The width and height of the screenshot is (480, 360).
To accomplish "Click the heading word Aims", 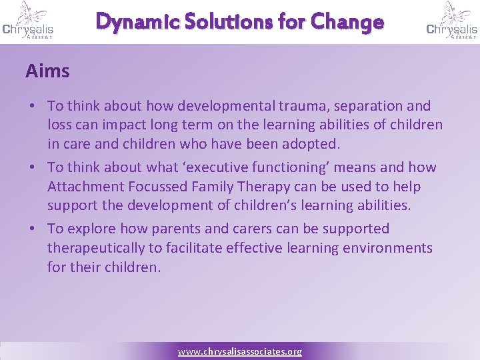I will coord(47,71).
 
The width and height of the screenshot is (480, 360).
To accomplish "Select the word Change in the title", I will coord(349,22).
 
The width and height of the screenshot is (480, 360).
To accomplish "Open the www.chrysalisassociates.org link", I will coord(239,351).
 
